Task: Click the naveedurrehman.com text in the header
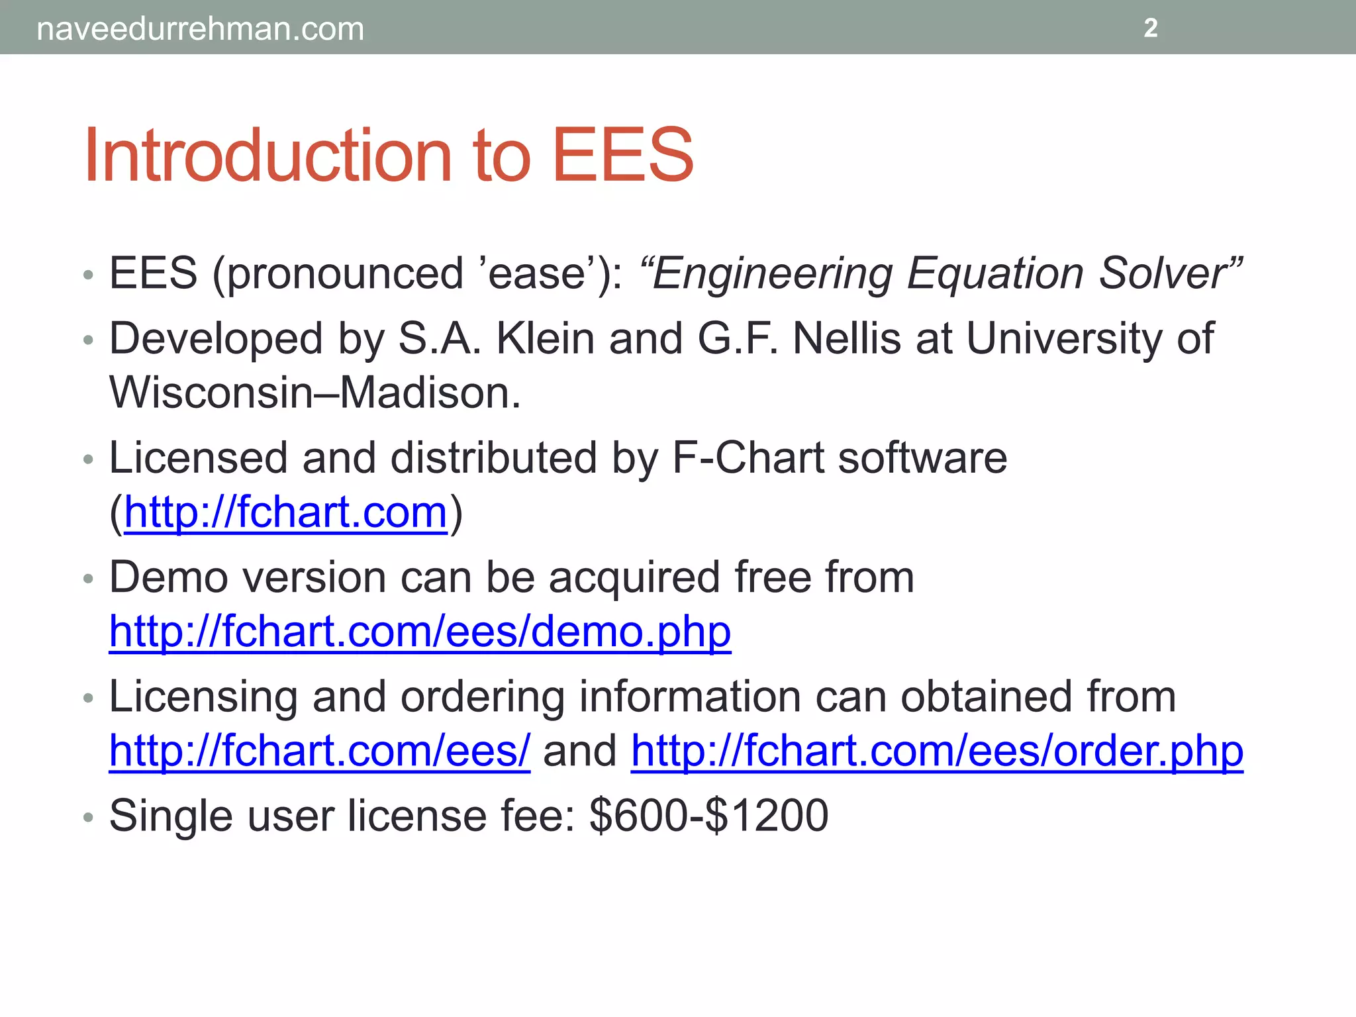pyautogui.click(x=200, y=29)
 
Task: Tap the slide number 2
pyautogui.click(x=1151, y=28)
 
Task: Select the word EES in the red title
pyautogui.click(x=622, y=156)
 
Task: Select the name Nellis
pyautogui.click(x=847, y=339)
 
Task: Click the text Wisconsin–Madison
pyautogui.click(x=315, y=392)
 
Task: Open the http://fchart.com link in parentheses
pyautogui.click(x=286, y=512)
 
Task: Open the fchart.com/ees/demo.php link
pyautogui.click(x=420, y=632)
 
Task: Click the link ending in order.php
pyautogui.click(x=937, y=751)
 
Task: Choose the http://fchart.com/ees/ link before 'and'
pyautogui.click(x=320, y=751)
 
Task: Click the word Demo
pyautogui.click(x=168, y=577)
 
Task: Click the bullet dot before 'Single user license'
pyautogui.click(x=89, y=818)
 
